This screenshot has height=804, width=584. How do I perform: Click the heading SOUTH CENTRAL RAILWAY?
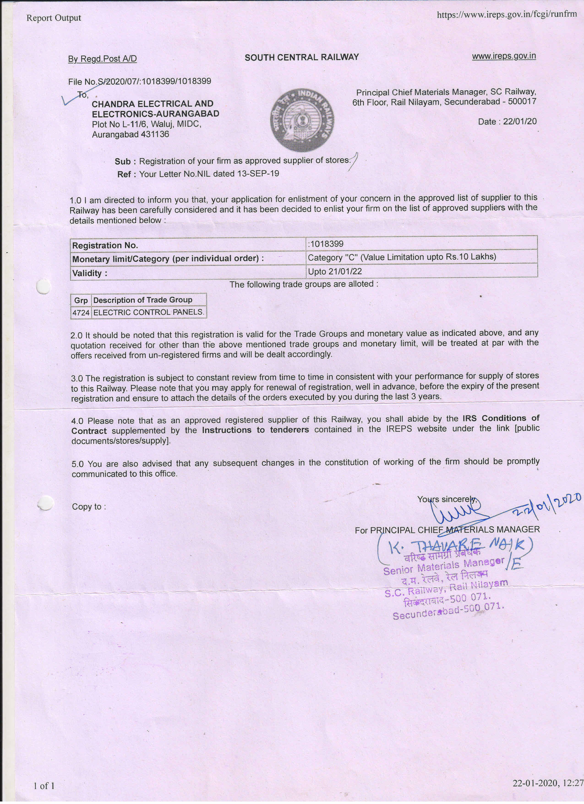(x=302, y=57)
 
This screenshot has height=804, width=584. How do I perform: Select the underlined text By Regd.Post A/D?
(x=102, y=59)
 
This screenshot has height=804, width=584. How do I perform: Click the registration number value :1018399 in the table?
(x=326, y=244)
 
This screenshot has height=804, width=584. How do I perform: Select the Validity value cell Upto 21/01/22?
(x=335, y=271)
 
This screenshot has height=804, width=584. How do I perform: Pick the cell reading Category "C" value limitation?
(x=402, y=257)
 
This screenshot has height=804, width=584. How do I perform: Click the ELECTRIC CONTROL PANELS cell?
(x=149, y=312)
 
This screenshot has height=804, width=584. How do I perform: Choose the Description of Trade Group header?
(x=143, y=300)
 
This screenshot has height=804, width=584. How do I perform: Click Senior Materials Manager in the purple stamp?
(x=443, y=566)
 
